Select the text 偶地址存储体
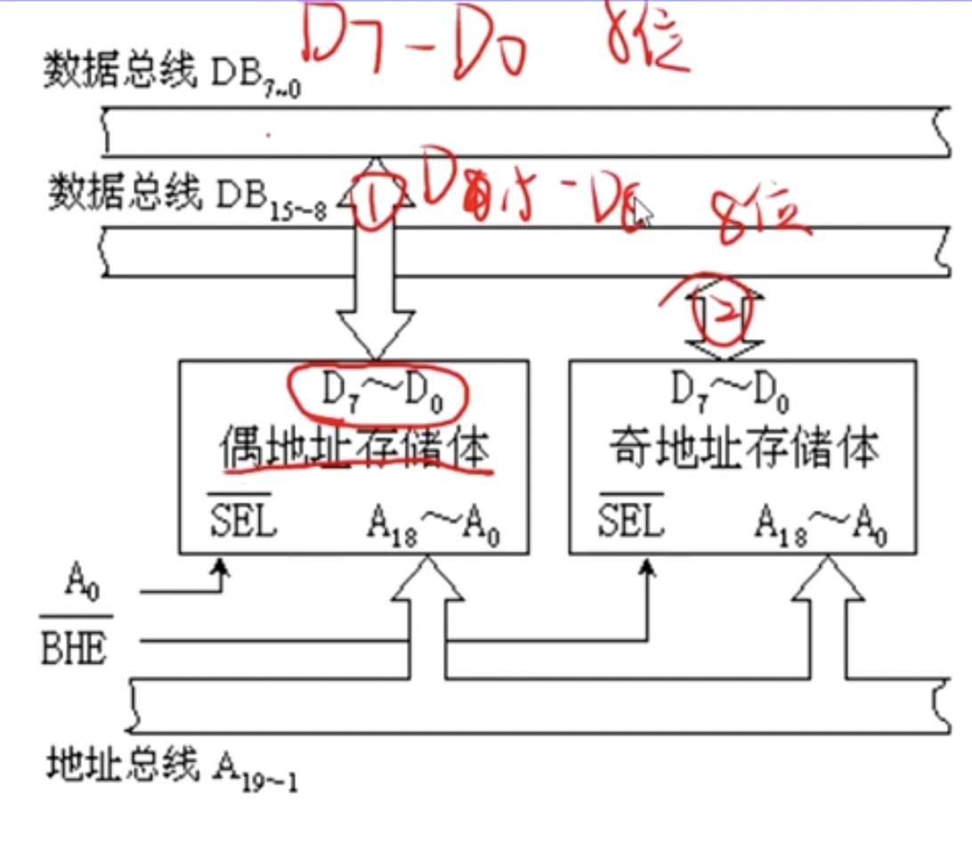pos(356,450)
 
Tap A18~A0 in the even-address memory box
pos(433,525)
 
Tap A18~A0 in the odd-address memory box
pos(820,524)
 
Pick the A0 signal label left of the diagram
pos(78,587)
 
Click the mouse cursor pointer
pos(641,214)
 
